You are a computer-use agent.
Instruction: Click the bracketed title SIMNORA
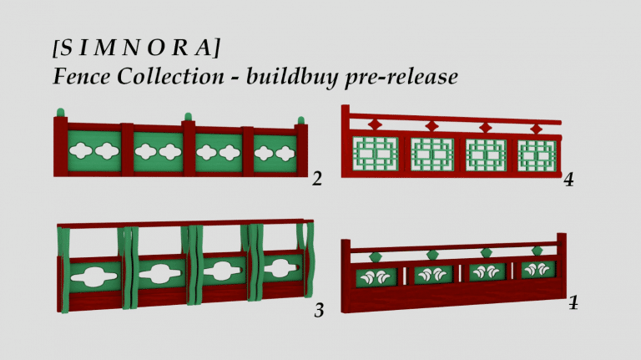coord(136,48)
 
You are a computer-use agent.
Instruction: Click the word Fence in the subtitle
coord(81,77)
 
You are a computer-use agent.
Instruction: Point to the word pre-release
coord(409,78)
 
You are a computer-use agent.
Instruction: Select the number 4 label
coord(568,179)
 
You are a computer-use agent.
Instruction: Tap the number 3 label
coord(319,311)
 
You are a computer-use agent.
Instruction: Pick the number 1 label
coord(573,302)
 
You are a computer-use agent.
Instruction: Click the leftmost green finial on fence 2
coord(59,112)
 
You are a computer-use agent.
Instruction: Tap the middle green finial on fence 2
coord(188,116)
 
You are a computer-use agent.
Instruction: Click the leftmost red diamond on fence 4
coord(375,124)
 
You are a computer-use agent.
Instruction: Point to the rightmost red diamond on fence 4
coord(536,129)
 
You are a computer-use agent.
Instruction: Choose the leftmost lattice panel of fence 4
coord(375,155)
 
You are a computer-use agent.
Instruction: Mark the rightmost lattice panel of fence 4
coord(536,156)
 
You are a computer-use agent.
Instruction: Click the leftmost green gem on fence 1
coord(376,256)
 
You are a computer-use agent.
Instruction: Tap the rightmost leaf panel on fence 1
coord(538,270)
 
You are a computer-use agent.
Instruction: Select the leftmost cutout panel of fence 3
coord(92,273)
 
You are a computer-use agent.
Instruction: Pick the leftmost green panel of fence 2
coord(93,151)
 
